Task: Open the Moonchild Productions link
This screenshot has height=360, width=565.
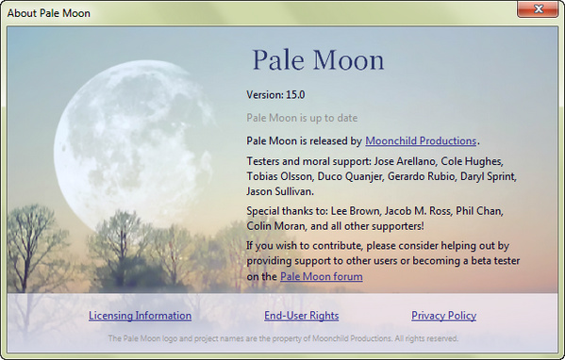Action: (x=422, y=140)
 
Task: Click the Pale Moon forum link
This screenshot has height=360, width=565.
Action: (x=321, y=277)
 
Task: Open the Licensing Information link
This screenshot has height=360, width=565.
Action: (x=140, y=316)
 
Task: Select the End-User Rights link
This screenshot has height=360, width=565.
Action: (x=301, y=316)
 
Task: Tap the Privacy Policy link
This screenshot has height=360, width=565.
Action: (x=443, y=316)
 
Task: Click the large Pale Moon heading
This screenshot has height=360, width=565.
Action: (x=318, y=60)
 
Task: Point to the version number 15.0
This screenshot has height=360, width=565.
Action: (x=289, y=94)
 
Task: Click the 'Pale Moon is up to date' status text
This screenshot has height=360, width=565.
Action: (x=301, y=118)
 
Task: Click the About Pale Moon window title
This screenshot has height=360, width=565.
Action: (x=48, y=12)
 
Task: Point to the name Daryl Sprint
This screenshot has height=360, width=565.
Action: (x=490, y=177)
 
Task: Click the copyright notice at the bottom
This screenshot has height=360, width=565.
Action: (x=283, y=338)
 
